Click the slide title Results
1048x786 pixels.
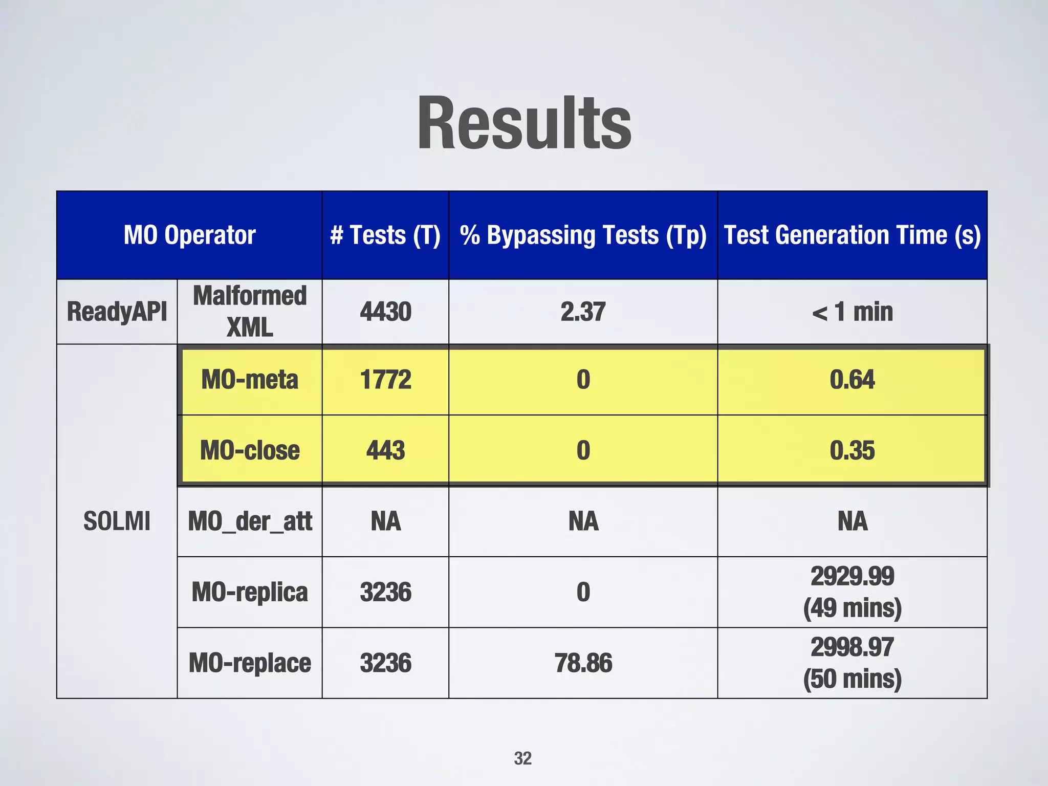(524, 124)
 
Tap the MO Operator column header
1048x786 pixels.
(189, 235)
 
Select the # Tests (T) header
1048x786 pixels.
(385, 235)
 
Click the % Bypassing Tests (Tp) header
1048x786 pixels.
(583, 235)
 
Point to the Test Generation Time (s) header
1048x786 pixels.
(852, 235)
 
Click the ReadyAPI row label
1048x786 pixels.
(117, 312)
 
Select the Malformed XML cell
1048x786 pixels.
(250, 312)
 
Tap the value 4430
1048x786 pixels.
(385, 312)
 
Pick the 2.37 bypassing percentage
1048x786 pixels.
(583, 312)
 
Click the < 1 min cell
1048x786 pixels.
(852, 312)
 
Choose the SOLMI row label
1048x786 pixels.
(117, 521)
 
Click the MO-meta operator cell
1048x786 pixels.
(250, 380)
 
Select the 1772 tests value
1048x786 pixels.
(385, 380)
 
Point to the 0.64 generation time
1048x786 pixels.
(852, 380)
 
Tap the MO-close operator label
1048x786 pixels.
(250, 450)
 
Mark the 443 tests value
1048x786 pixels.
(385, 450)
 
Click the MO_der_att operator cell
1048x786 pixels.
(250, 521)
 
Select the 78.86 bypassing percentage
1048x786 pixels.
(583, 663)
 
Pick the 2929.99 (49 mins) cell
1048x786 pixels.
(852, 592)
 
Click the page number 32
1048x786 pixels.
(522, 758)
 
